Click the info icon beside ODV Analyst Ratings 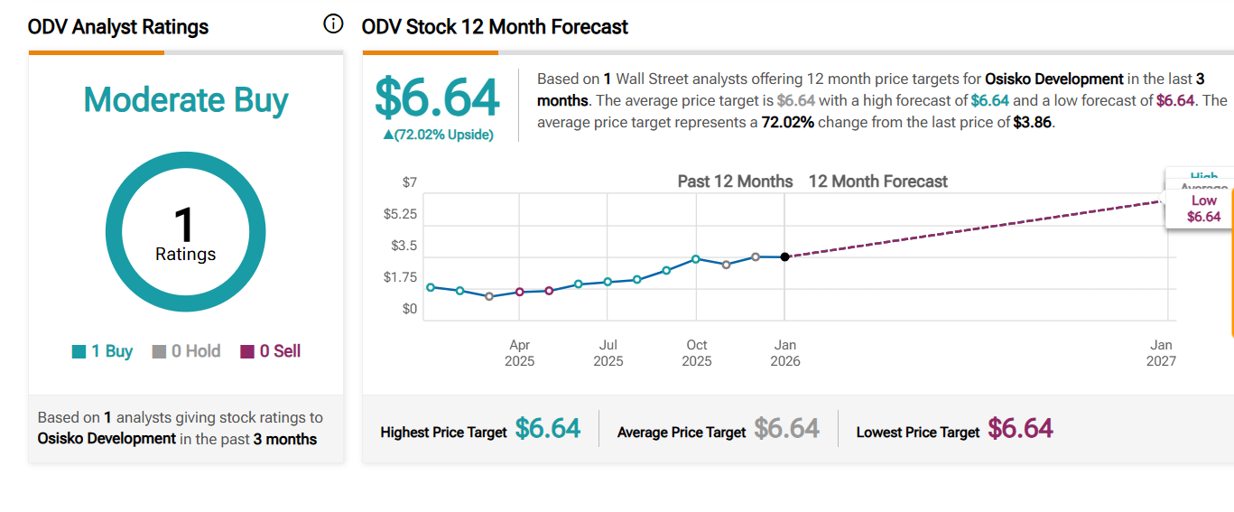click(x=333, y=24)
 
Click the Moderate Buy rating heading click(x=186, y=99)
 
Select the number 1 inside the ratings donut click(x=184, y=222)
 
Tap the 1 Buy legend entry click(x=102, y=351)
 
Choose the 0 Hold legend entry click(x=186, y=351)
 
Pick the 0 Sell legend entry click(x=270, y=351)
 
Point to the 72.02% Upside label click(x=438, y=135)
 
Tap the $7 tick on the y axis click(x=409, y=182)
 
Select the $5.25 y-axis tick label click(x=400, y=214)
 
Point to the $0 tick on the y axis click(x=409, y=309)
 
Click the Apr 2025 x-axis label click(x=519, y=353)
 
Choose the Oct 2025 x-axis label click(x=696, y=353)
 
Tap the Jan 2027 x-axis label click(x=1161, y=353)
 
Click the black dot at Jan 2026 click(x=784, y=257)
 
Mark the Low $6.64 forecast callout click(x=1203, y=209)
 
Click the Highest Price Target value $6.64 click(x=547, y=428)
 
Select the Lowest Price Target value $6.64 click(x=1020, y=428)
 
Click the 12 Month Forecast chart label click(x=877, y=182)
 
